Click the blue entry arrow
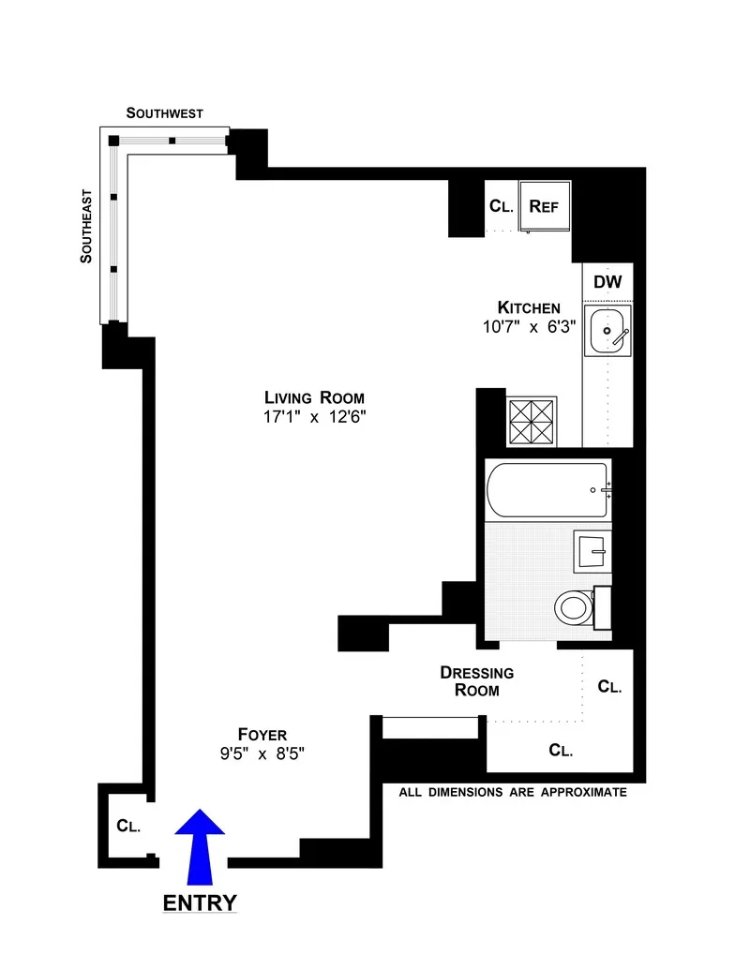click(x=200, y=848)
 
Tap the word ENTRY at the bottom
click(x=200, y=903)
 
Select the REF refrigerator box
click(x=545, y=206)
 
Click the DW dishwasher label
click(x=607, y=281)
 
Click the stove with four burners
click(x=532, y=420)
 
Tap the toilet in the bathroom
click(x=575, y=607)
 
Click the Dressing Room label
click(x=476, y=681)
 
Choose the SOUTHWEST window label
click(x=165, y=113)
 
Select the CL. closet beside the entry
click(x=128, y=827)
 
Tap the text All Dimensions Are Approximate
click(x=512, y=792)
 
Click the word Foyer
click(x=262, y=735)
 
